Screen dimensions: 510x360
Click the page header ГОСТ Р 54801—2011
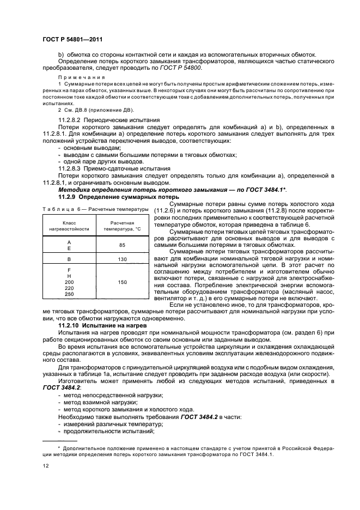73,39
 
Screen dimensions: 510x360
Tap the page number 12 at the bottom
46,465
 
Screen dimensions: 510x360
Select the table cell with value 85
122,245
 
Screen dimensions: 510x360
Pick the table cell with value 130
122,259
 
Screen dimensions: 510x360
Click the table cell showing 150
122,282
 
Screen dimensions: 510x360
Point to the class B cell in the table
69,259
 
